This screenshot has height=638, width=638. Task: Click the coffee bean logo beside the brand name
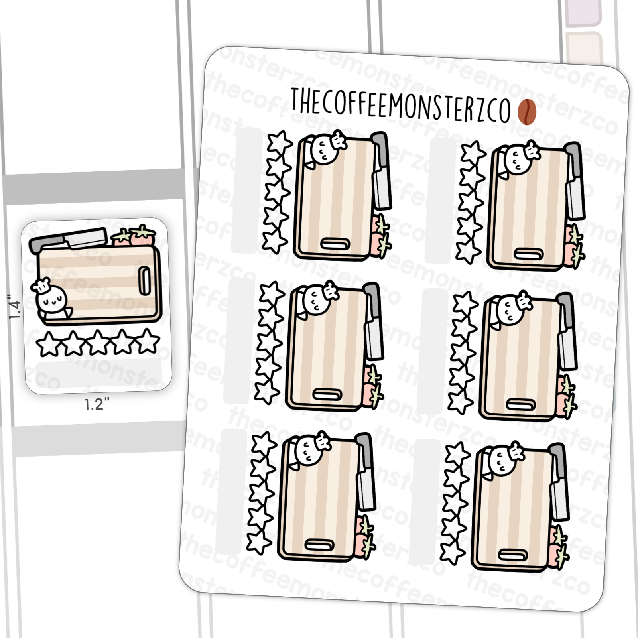pyautogui.click(x=527, y=112)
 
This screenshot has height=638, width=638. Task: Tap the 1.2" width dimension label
pyautogui.click(x=97, y=404)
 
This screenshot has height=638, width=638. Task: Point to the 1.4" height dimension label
pyautogui.click(x=14, y=307)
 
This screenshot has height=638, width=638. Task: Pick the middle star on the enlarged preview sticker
pyautogui.click(x=98, y=343)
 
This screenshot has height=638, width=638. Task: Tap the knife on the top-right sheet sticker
pyautogui.click(x=575, y=181)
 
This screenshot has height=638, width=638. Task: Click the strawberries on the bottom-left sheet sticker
pyautogui.click(x=365, y=537)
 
